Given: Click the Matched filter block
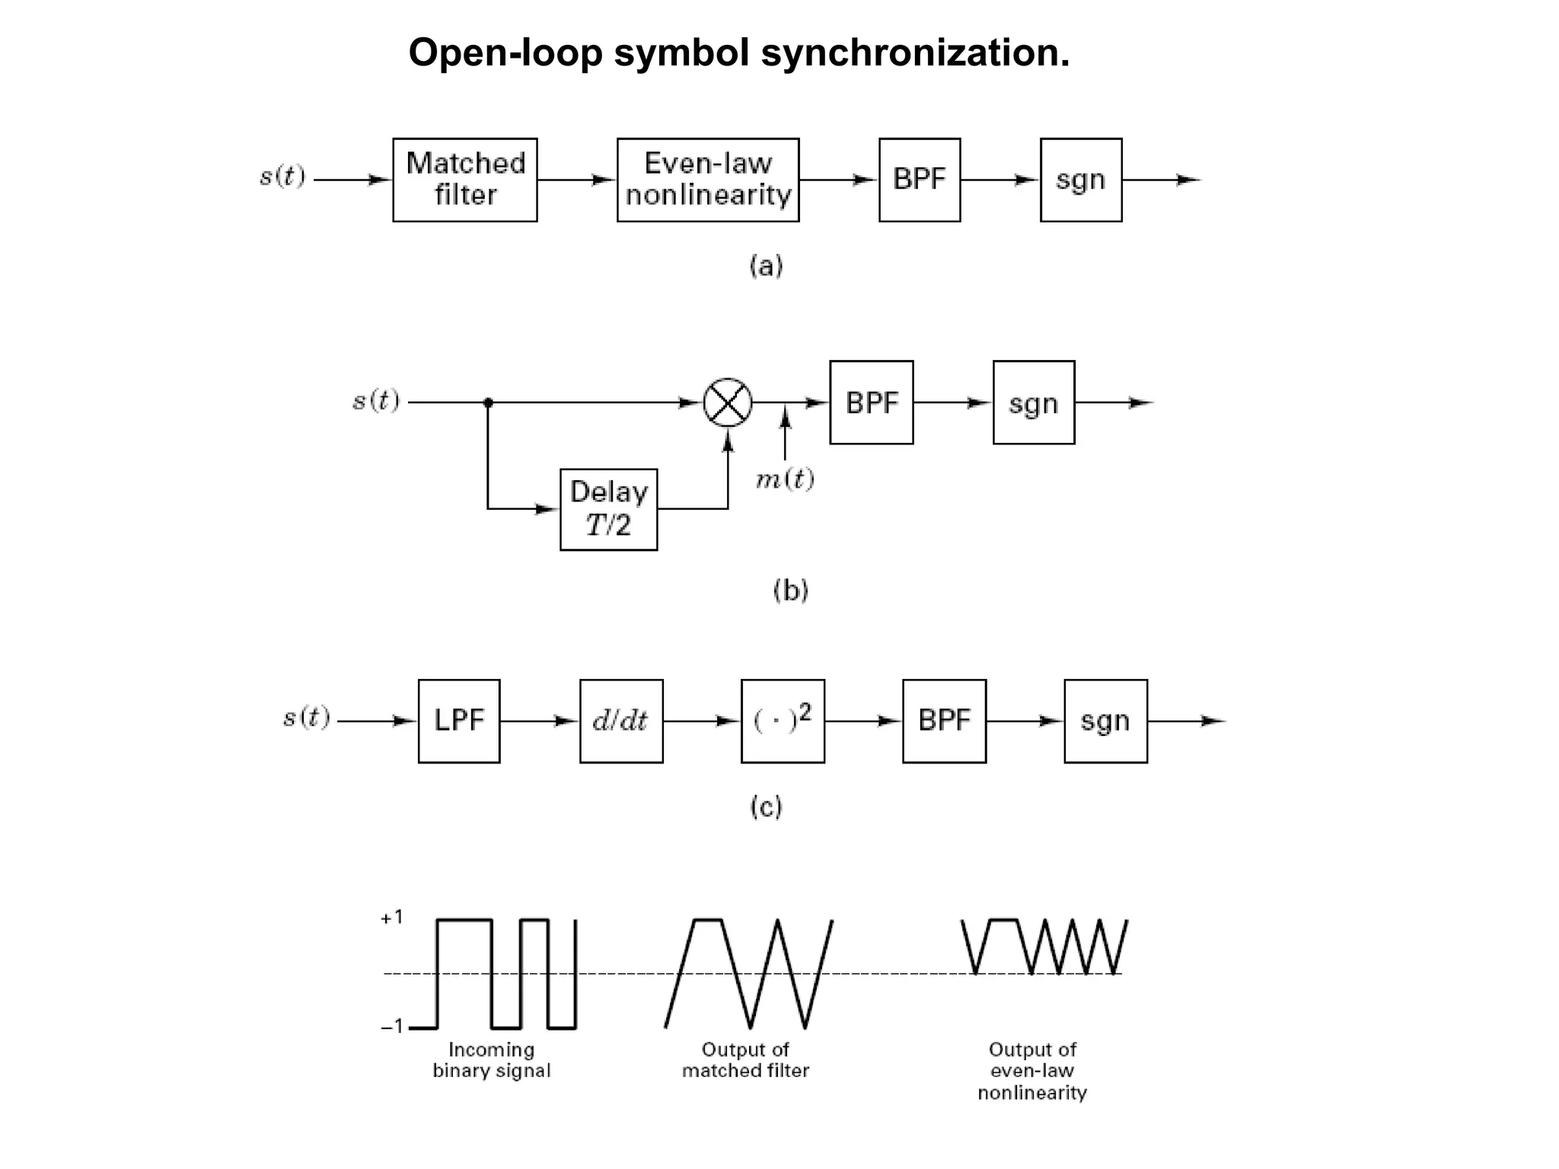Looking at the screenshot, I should pos(465,180).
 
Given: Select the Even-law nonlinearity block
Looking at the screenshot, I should pos(708,180).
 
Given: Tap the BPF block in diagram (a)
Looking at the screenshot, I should pos(920,180).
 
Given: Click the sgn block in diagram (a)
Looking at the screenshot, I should pos(1081,180).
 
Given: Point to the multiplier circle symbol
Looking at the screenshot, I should pos(728,403).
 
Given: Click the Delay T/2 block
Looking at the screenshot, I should pos(608,509).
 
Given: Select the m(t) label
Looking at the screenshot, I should pos(785,479).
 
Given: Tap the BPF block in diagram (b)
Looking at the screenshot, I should pos(872,403).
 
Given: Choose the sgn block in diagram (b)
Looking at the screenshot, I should pos(1034,403).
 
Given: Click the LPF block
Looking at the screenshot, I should pos(459,721).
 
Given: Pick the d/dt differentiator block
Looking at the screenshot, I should pos(621,721).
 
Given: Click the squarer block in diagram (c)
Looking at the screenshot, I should pos(783,721).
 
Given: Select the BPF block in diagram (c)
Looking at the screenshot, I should pos(944,721).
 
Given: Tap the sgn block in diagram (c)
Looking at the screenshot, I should pos(1105,721).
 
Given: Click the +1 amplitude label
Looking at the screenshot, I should pos(391,918).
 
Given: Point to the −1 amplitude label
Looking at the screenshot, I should pos(391,1027).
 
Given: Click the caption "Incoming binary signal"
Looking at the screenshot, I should pos(492,1060).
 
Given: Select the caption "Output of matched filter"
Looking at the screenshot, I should pos(745,1060).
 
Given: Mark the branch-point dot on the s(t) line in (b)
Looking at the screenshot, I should pos(488,403).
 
